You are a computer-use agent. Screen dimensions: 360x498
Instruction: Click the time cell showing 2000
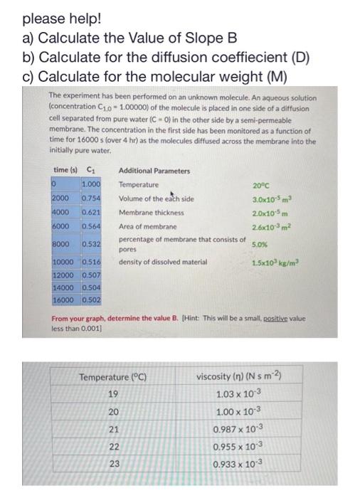point(61,198)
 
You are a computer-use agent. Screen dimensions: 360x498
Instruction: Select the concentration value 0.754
point(90,198)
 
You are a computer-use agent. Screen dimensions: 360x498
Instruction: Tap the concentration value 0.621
point(90,211)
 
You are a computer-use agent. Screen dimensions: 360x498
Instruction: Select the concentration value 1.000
point(90,184)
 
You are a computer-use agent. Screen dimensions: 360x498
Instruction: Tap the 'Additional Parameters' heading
point(154,171)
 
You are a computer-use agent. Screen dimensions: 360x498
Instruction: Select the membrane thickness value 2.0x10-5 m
point(269,211)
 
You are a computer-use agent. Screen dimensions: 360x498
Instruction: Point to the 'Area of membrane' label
point(147,225)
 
